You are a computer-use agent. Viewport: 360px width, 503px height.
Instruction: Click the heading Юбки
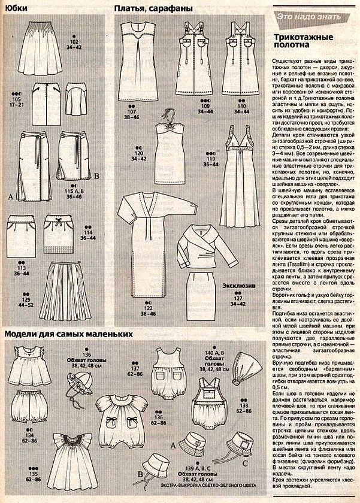pyautogui.click(x=16, y=8)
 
